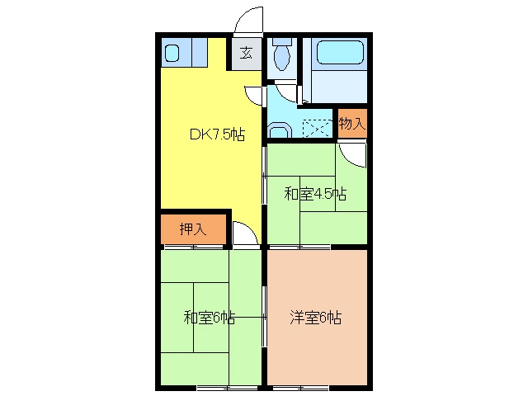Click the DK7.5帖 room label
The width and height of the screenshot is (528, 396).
click(217, 134)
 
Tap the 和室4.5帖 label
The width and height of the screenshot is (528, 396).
click(315, 195)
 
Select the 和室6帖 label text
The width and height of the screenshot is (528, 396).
click(209, 318)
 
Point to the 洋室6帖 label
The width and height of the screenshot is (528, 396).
click(315, 318)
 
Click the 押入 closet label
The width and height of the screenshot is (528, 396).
click(192, 229)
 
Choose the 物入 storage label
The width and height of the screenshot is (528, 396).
click(352, 123)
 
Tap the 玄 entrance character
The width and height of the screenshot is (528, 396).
click(246, 53)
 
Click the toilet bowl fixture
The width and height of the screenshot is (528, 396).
click(282, 54)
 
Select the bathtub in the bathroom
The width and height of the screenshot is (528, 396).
click(341, 53)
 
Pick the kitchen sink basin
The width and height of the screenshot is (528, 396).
click(172, 53)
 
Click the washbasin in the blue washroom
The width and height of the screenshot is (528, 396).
click(279, 130)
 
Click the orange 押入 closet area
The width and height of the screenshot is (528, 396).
click(193, 229)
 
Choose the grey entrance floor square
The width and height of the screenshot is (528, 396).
click(246, 54)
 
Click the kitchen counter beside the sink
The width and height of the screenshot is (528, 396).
click(200, 52)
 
